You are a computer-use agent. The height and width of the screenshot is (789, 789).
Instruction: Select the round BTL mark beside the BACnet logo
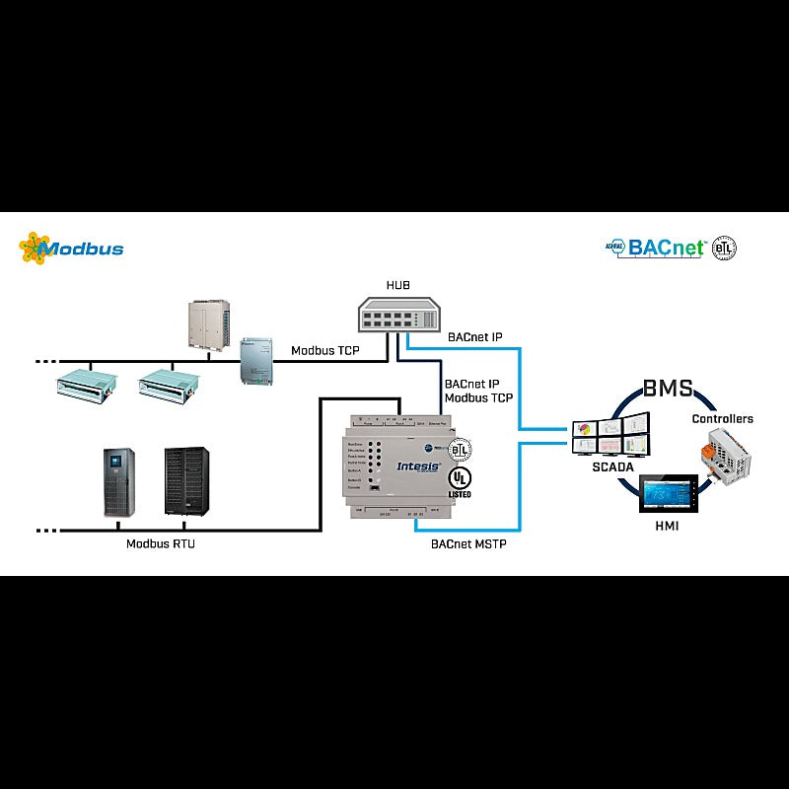(725, 247)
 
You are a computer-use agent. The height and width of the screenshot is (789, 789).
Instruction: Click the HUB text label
(397, 286)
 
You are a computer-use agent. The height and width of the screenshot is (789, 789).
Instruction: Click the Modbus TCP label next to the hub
(325, 351)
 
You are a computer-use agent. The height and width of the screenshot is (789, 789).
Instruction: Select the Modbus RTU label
(160, 543)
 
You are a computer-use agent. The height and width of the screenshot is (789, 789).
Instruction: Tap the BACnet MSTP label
(468, 543)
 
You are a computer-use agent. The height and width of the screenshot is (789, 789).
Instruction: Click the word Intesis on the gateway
(419, 463)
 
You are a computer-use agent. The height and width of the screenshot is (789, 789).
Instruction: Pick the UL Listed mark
(460, 480)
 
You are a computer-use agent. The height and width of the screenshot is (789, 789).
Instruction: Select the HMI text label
(667, 528)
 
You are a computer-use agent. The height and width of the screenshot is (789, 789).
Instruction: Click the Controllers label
(722, 418)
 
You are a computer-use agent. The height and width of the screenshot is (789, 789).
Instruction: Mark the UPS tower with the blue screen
(119, 481)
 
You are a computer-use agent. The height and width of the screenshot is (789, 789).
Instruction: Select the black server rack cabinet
(187, 480)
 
